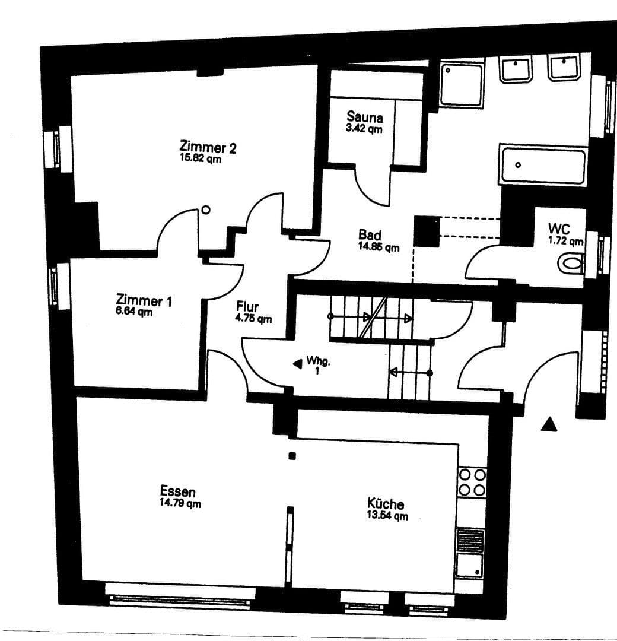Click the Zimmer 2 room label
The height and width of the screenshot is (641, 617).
point(208,147)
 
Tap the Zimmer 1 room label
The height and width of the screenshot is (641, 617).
point(144,300)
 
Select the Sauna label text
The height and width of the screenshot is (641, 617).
point(364,118)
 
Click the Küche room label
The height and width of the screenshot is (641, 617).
point(386,504)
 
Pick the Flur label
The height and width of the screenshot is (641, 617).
point(247,307)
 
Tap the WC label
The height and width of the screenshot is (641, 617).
point(559,229)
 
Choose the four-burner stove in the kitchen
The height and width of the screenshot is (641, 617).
point(472,482)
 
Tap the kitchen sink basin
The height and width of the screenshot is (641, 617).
point(470,565)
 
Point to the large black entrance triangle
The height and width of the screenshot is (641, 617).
point(550,424)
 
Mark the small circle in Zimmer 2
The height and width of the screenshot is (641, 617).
point(206,210)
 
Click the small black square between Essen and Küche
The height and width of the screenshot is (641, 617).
point(291,456)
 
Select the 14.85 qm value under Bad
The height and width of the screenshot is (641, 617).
point(379,247)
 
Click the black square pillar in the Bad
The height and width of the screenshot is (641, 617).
point(425,230)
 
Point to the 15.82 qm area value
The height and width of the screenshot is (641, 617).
point(201,158)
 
